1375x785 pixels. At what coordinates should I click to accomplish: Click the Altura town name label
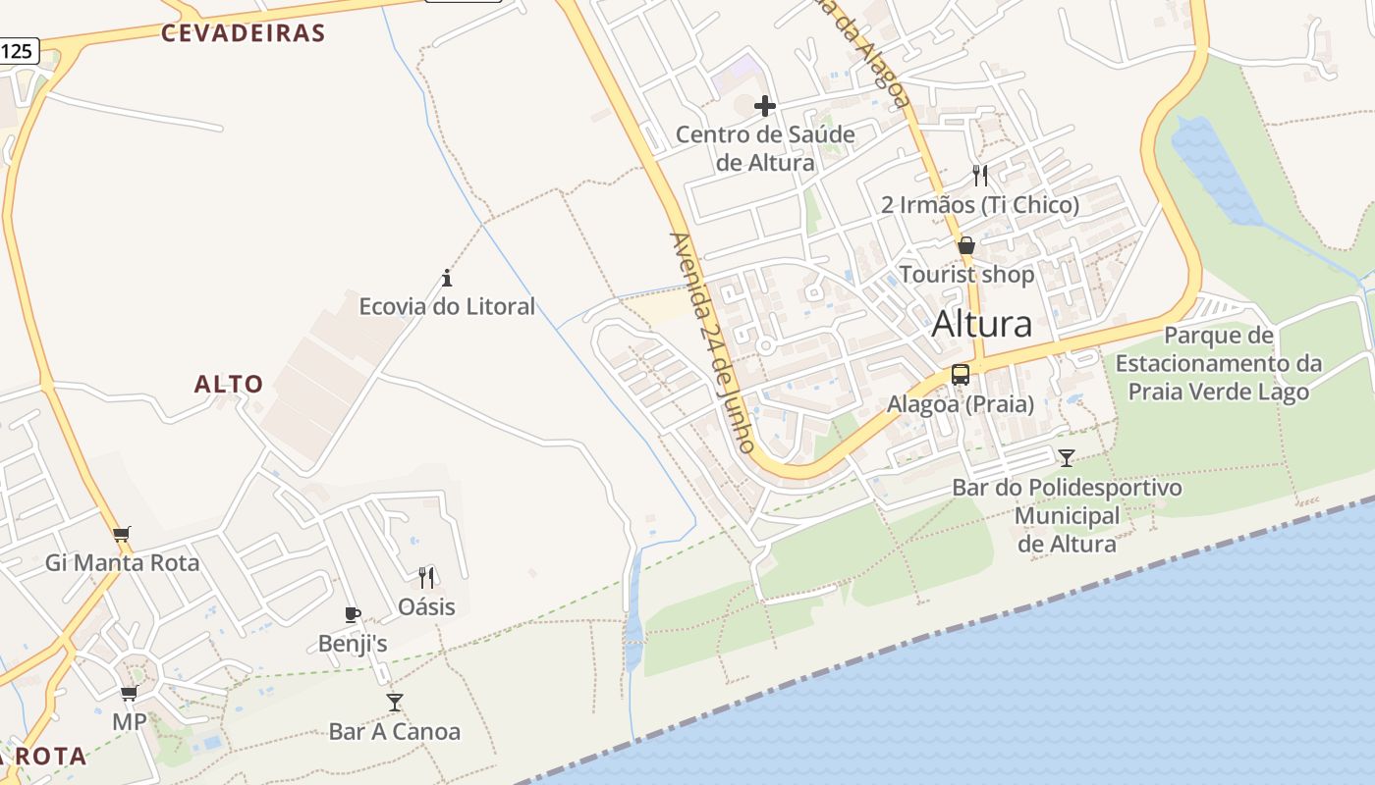pos(981,323)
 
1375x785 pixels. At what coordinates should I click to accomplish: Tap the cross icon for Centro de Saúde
pos(765,106)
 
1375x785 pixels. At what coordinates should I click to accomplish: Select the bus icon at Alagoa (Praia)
pos(960,375)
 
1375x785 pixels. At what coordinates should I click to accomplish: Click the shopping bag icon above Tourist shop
pos(966,245)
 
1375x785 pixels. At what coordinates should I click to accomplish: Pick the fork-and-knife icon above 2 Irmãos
pos(979,176)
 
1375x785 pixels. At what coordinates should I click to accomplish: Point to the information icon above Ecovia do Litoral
pos(447,278)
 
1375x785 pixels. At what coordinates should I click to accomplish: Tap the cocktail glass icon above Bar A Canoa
pos(394,702)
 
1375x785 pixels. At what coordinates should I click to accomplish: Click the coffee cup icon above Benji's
pos(353,615)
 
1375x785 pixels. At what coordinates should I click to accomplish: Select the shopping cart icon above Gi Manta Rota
pos(122,535)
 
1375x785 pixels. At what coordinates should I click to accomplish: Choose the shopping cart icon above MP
pos(129,694)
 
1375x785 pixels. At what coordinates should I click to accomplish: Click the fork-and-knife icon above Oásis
pos(426,577)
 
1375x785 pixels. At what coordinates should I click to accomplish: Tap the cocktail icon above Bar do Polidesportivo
pos(1066,457)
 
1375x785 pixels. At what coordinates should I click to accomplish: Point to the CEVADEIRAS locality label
pos(243,33)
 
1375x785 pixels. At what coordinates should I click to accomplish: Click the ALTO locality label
pos(229,384)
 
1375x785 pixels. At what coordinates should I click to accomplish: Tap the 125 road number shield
pos(18,52)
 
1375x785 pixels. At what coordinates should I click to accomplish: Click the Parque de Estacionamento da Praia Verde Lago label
pos(1218,364)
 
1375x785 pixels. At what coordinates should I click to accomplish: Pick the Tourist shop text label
pos(966,275)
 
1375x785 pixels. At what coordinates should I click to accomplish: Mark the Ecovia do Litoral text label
pos(447,306)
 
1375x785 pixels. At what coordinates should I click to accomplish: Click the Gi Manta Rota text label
pos(122,563)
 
